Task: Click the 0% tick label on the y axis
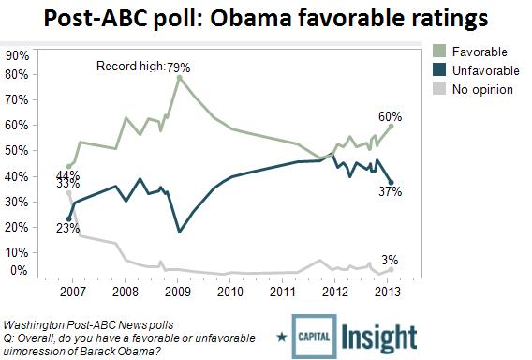pos(19,271)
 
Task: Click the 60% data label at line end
pos(392,116)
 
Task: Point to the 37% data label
pos(392,192)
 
